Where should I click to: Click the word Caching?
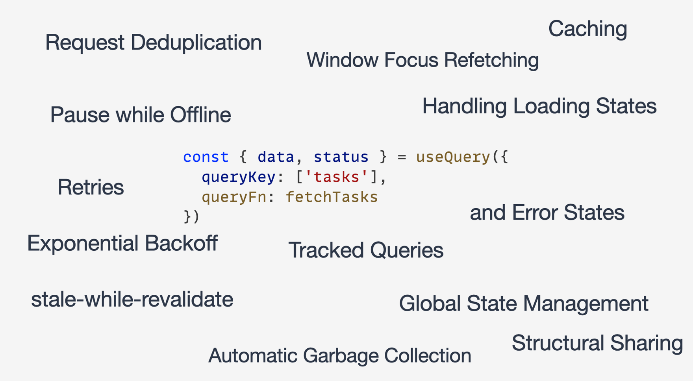pyautogui.click(x=587, y=29)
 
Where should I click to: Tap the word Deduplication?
pyautogui.click(x=196, y=43)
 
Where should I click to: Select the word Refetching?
pyautogui.click(x=491, y=60)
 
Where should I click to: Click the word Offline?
pyautogui.click(x=200, y=115)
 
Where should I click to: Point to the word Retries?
pyautogui.click(x=91, y=187)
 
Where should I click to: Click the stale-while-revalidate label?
pyautogui.click(x=132, y=300)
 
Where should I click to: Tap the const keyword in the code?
pyautogui.click(x=206, y=157)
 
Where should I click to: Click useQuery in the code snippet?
pyautogui.click(x=453, y=157)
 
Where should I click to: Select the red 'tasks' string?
pyautogui.click(x=337, y=177)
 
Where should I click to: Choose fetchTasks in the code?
pyautogui.click(x=332, y=197)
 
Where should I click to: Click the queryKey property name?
pyautogui.click(x=238, y=177)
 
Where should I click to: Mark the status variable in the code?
pyautogui.click(x=341, y=157)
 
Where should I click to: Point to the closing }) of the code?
pyautogui.click(x=191, y=216)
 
